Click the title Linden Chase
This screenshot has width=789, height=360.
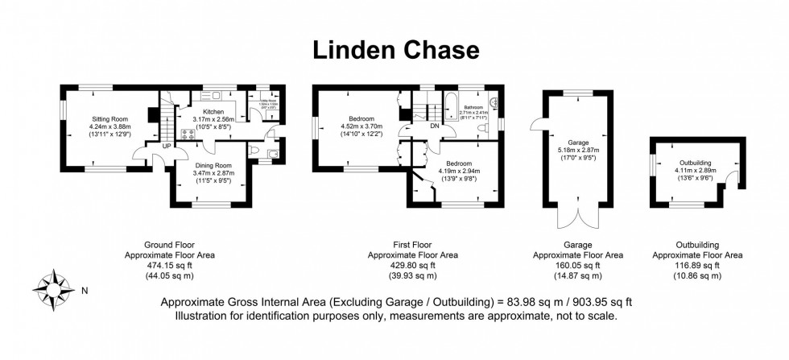tap(394, 50)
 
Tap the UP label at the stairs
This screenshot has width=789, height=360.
tap(166, 147)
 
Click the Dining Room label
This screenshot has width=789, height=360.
tap(212, 164)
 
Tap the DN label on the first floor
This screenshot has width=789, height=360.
tap(434, 126)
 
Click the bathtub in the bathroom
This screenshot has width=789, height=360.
tap(450, 106)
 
